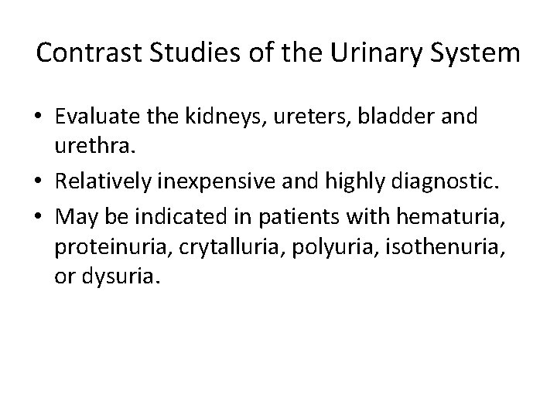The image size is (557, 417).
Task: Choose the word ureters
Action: (318, 117)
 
